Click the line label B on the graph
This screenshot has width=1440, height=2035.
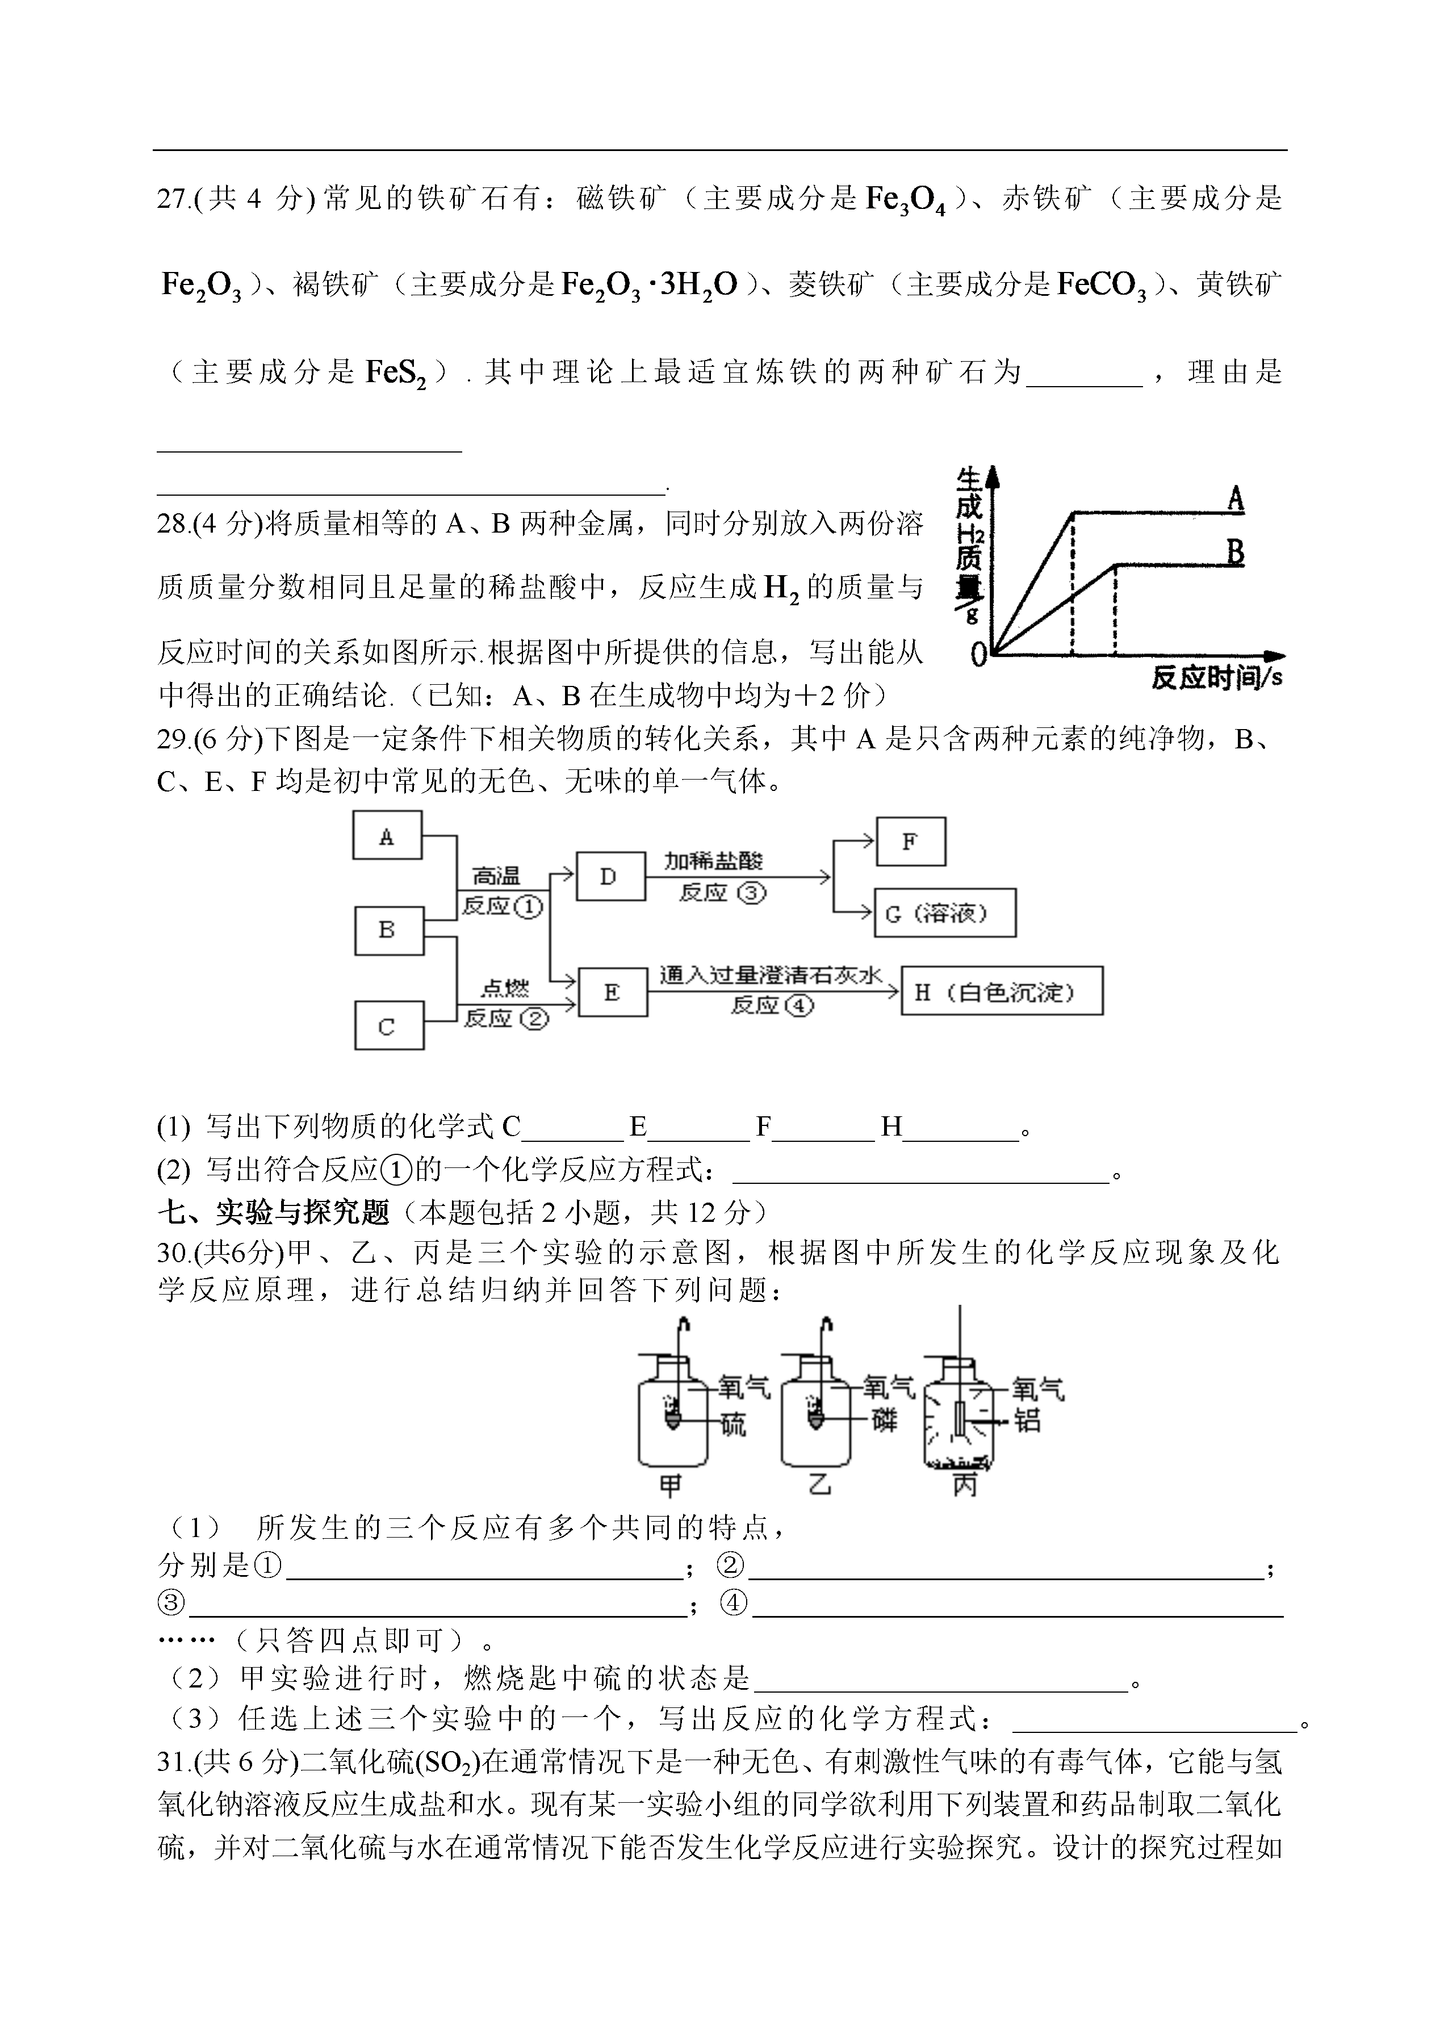(x=1235, y=552)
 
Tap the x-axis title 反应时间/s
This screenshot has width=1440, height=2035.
(x=1216, y=679)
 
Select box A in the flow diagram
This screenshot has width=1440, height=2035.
(x=387, y=835)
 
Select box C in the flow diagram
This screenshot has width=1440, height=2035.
(x=387, y=1026)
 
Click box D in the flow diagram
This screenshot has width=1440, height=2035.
(x=609, y=877)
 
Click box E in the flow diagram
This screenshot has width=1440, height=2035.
(x=611, y=992)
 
